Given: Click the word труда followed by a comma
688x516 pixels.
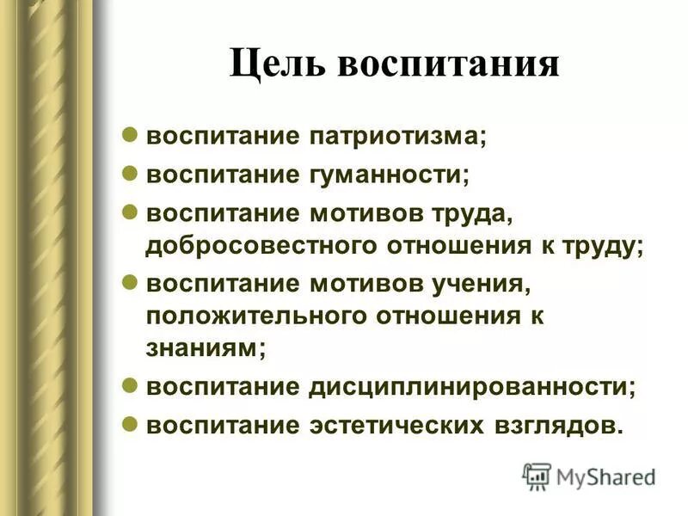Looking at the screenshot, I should click(473, 211).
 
